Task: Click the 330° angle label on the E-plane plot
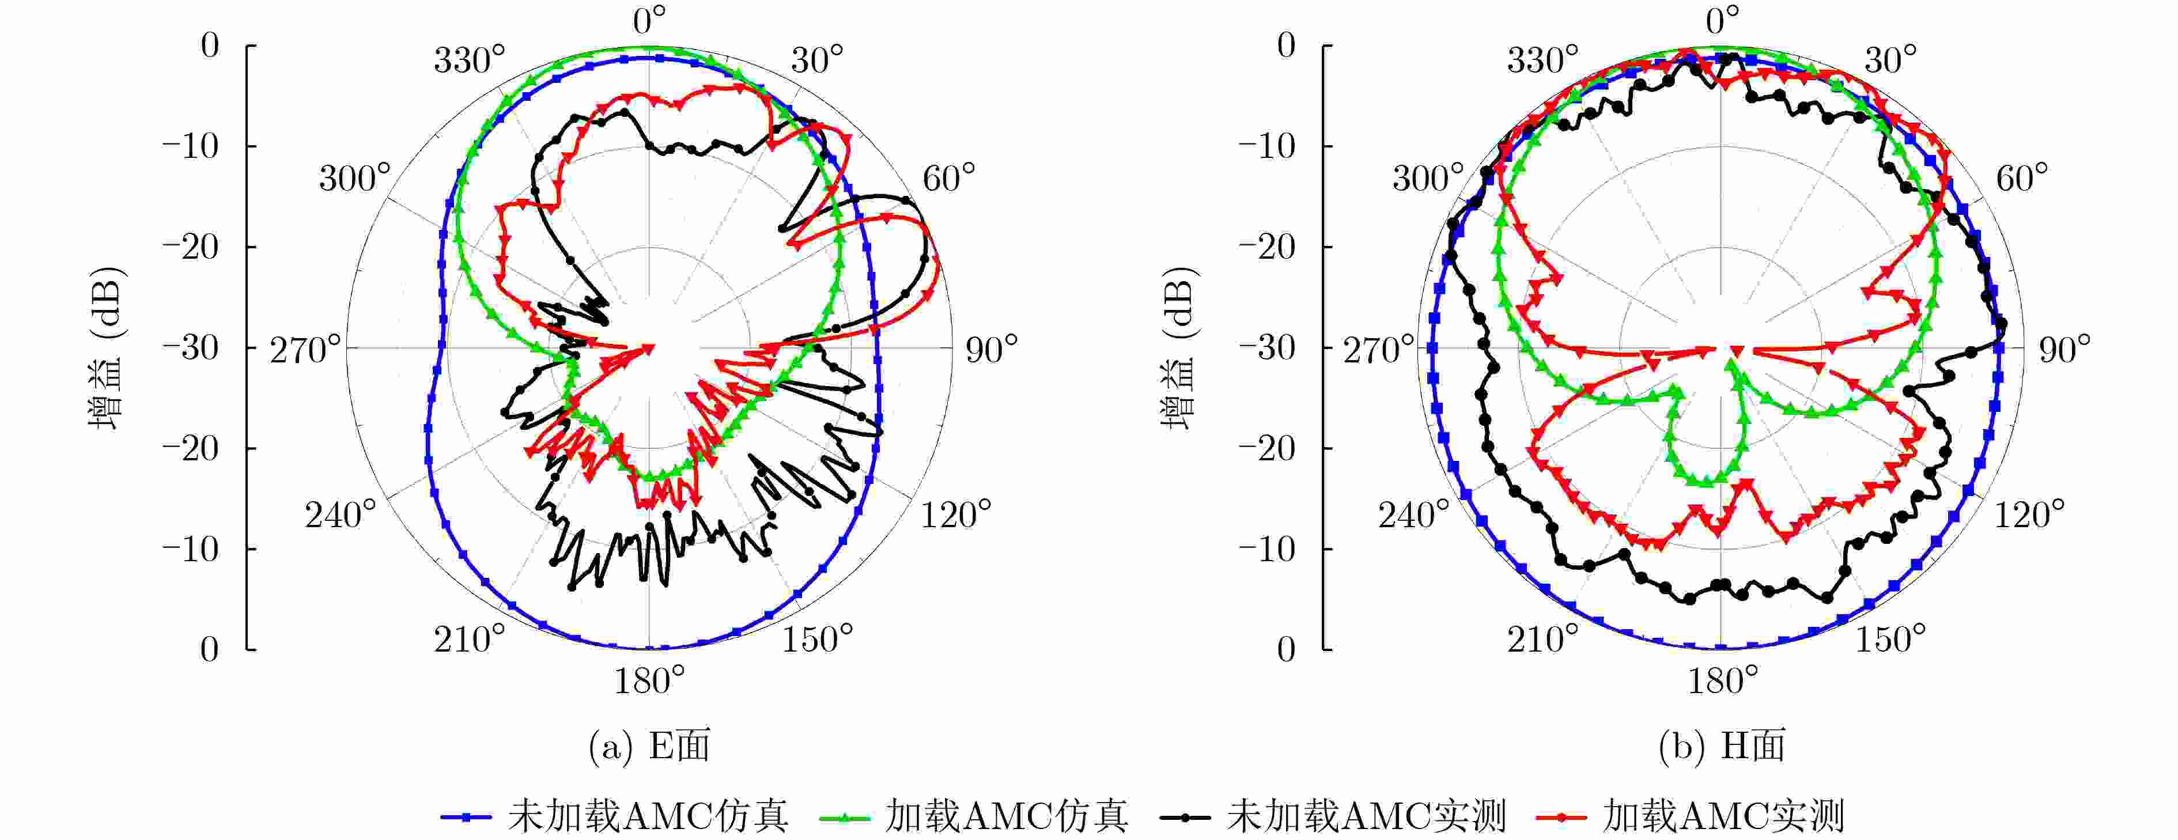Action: pos(469,61)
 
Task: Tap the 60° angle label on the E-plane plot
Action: pos(948,178)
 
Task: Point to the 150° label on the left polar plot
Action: pos(817,640)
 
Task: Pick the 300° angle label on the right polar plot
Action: pos(1428,178)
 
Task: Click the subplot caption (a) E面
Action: pos(649,746)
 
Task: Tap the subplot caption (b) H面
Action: pos(1722,746)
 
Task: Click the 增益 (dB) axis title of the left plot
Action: pos(107,347)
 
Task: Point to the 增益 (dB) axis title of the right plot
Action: pos(1179,347)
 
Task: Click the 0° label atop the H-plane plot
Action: pos(1722,20)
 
